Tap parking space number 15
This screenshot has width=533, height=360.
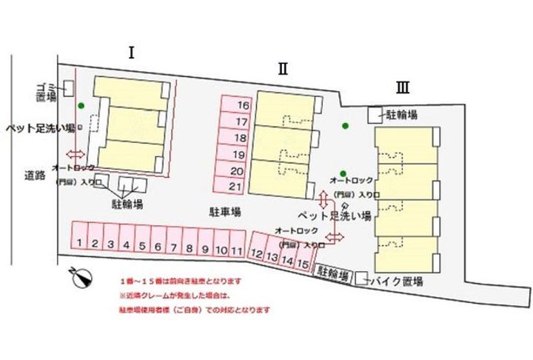301,262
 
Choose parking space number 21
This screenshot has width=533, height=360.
237,186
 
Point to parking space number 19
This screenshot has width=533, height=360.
237,154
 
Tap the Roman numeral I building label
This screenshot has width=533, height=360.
131,53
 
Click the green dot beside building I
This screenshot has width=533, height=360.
81,106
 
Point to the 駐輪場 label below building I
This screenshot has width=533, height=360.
127,201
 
